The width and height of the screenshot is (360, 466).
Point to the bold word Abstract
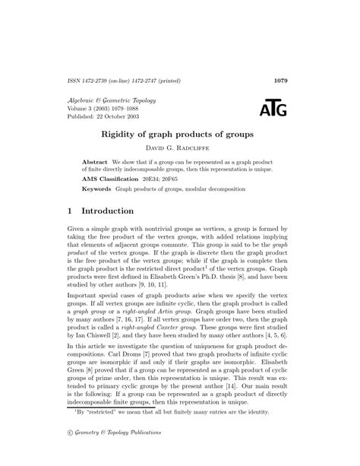[x=95, y=163]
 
